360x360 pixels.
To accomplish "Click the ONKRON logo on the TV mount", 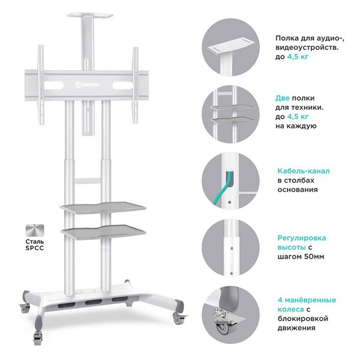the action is pos(87,85).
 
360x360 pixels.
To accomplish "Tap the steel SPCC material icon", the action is pos(35,230).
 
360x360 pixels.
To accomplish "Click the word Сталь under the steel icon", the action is pos(35,242).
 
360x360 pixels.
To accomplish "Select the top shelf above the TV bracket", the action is pos(90,16).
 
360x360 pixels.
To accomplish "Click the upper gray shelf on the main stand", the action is pos(103,208).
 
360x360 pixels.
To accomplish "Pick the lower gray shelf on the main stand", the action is pos(103,231).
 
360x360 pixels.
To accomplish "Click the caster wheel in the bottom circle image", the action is pos(222,327).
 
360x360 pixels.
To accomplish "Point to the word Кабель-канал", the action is pos(304,171).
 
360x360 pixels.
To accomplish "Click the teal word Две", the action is pos(283,98).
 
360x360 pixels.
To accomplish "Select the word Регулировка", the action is pos(302,238).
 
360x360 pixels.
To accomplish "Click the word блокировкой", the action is pos(303,319).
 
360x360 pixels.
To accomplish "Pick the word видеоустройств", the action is pos(307,47).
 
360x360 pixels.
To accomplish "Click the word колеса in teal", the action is pos(290,309).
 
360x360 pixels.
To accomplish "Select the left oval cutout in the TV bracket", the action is pos(54,85).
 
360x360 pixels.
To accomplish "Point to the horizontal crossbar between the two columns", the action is pos(88,181).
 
